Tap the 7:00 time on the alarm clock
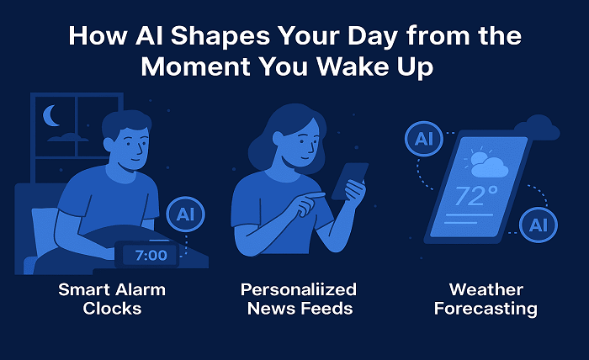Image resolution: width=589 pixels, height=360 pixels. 151,256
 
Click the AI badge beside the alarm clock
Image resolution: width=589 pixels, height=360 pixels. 185,214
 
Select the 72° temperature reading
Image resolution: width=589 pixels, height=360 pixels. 476,196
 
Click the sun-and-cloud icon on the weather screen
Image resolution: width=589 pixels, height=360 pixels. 486,163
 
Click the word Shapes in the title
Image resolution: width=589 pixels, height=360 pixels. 220,36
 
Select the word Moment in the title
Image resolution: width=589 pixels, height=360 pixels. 196,66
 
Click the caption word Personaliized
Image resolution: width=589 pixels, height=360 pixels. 299,290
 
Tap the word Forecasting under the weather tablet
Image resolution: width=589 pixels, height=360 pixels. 486,309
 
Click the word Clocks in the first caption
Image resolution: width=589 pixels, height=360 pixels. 112,309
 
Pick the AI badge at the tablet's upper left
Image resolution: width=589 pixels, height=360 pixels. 424,139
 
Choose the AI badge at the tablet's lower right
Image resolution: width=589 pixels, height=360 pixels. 539,225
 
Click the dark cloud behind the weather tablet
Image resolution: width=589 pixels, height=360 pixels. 538,128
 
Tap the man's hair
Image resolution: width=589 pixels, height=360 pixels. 125,123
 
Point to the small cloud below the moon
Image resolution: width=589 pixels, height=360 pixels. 68,137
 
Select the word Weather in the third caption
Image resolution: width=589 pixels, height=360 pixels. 486,290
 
